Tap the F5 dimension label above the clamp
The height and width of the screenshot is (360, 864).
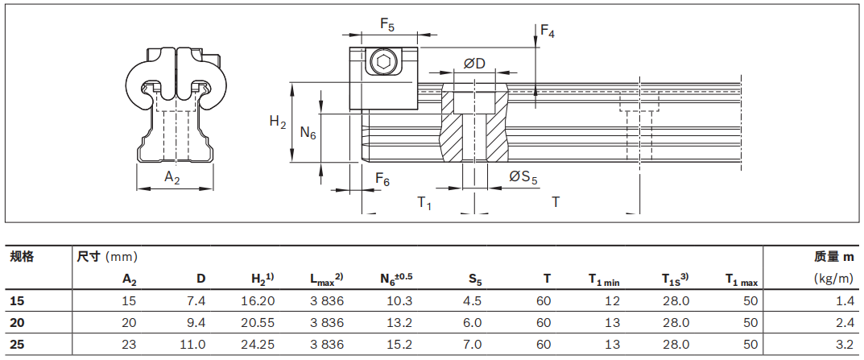pyautogui.click(x=387, y=26)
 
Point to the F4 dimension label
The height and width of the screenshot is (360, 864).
pyautogui.click(x=548, y=31)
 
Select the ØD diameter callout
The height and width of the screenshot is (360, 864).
pyautogui.click(x=474, y=64)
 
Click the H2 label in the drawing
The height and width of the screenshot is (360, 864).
pyautogui.click(x=278, y=122)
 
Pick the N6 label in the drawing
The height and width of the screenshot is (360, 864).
pyautogui.click(x=308, y=133)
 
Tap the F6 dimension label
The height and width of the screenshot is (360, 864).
pyautogui.click(x=382, y=181)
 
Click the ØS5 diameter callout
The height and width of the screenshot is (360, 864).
pyautogui.click(x=523, y=177)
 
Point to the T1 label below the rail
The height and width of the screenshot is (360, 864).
pyautogui.click(x=424, y=203)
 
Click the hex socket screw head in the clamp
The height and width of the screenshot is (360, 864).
pyautogui.click(x=383, y=62)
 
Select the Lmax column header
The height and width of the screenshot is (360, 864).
pyautogui.click(x=327, y=279)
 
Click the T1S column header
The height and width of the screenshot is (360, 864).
pyautogui.click(x=675, y=279)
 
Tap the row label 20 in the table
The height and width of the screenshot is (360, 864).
pyautogui.click(x=17, y=322)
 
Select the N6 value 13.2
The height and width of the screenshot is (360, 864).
pyautogui.click(x=400, y=322)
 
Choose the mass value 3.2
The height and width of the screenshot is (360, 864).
pyautogui.click(x=844, y=344)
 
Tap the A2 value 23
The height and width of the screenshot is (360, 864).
pyautogui.click(x=129, y=344)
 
